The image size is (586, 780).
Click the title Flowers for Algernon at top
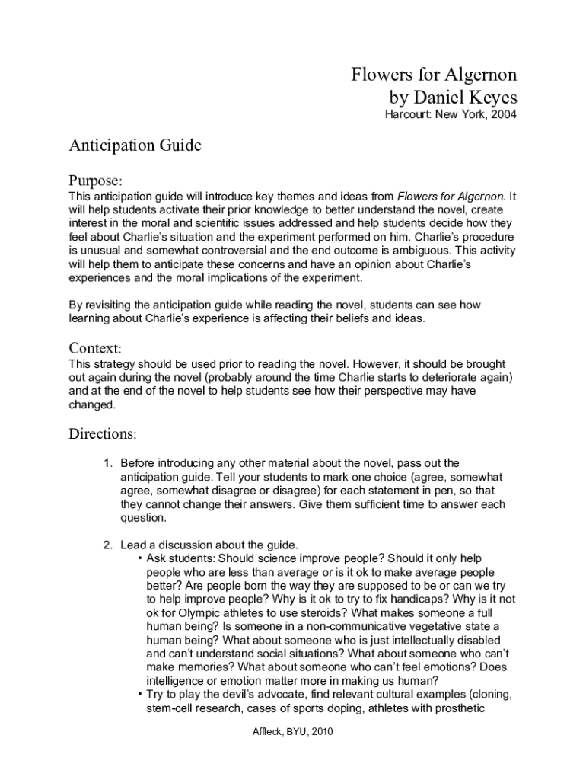point(434,75)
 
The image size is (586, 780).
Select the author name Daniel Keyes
point(466,97)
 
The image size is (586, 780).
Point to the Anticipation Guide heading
point(135,145)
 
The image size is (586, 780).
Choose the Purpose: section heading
point(95,181)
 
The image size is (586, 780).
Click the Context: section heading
point(95,348)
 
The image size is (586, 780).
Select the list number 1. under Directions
point(108,463)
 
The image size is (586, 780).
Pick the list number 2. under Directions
point(108,545)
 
